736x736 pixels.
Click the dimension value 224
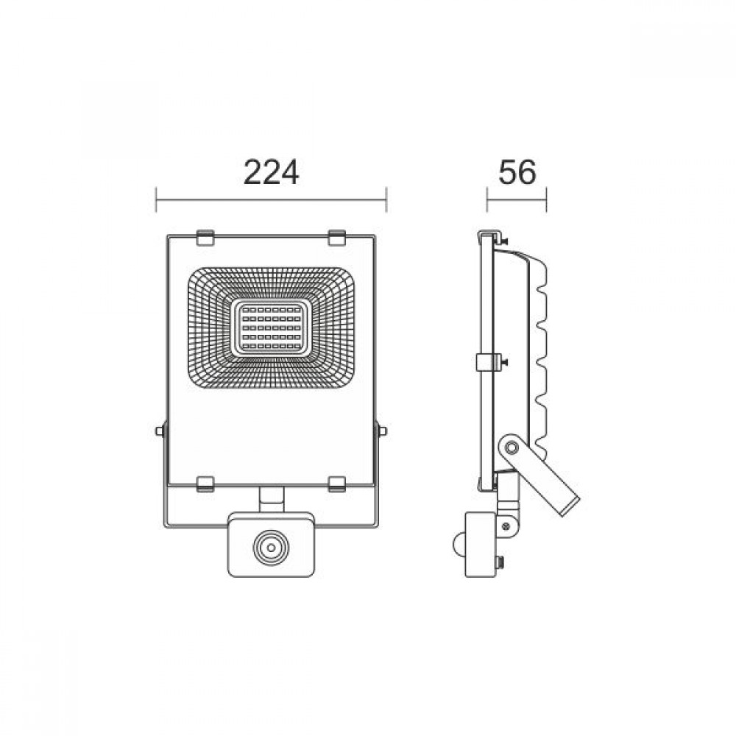(271, 172)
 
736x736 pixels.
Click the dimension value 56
(517, 172)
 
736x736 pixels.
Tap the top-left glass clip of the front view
(205, 238)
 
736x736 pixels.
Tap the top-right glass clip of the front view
(336, 238)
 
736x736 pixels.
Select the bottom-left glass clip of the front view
(205, 484)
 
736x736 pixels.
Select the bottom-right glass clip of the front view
(336, 484)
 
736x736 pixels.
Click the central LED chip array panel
(271, 328)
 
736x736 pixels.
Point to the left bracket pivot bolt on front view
(160, 431)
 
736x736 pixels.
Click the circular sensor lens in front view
(271, 548)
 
